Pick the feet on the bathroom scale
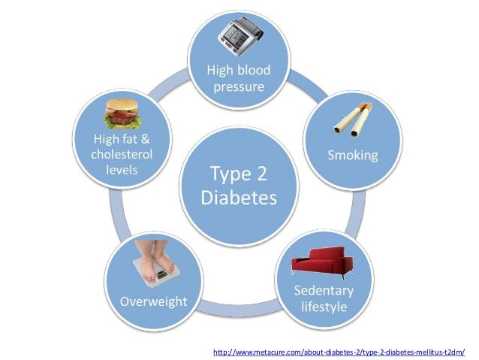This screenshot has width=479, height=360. (x=155, y=262)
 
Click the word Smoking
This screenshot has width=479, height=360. (x=351, y=156)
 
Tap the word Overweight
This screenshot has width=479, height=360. (x=153, y=301)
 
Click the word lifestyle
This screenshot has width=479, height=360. (x=324, y=307)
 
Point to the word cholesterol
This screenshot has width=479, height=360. (x=121, y=154)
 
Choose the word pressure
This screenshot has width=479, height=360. (x=239, y=87)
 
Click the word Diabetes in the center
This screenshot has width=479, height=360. (x=239, y=198)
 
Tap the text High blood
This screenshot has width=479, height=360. (x=239, y=71)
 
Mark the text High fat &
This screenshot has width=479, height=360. (x=121, y=139)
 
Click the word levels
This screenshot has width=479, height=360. (x=121, y=169)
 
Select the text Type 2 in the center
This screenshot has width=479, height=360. (x=239, y=174)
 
